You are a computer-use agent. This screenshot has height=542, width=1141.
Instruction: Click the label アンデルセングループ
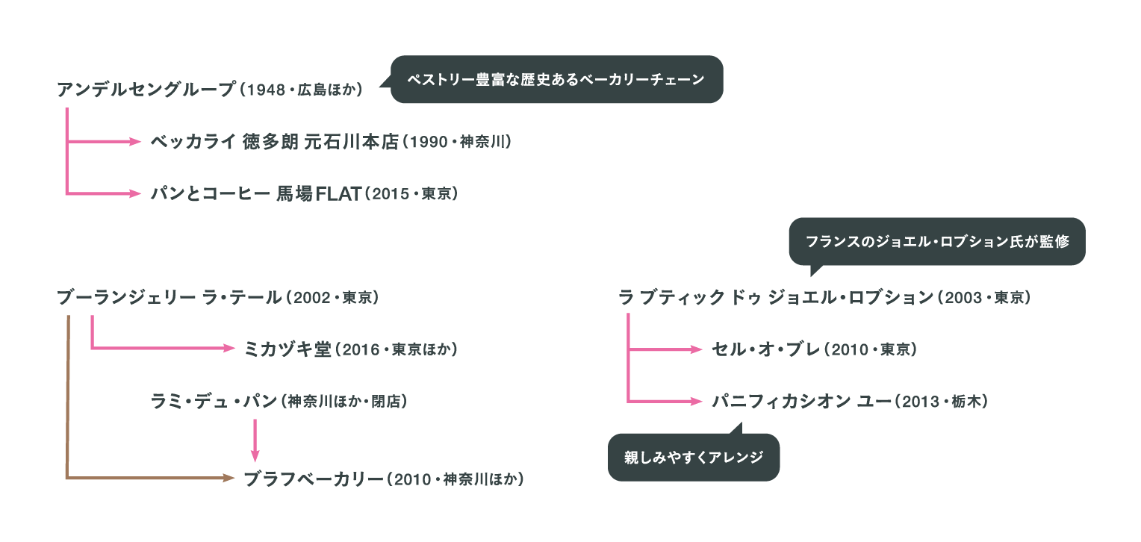(146, 90)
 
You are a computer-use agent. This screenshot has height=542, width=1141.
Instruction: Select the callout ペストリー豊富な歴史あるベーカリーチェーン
(556, 79)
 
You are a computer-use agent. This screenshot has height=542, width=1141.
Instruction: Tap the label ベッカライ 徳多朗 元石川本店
(275, 142)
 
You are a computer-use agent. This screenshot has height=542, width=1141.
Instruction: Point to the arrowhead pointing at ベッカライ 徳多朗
(135, 142)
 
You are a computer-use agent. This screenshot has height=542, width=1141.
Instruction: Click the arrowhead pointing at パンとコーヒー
(135, 194)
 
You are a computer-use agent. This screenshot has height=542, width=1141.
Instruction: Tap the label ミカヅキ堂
(287, 349)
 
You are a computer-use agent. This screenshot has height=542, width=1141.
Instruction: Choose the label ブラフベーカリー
(314, 479)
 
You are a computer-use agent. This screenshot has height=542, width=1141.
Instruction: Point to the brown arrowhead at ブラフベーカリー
(229, 478)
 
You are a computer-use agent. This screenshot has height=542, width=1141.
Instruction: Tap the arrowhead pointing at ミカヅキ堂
(229, 348)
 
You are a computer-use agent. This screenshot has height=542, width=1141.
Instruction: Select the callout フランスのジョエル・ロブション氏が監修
(937, 242)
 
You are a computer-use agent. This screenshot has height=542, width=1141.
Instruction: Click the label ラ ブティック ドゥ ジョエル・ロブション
(777, 298)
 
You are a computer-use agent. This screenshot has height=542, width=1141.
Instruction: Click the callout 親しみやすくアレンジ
(694, 457)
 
